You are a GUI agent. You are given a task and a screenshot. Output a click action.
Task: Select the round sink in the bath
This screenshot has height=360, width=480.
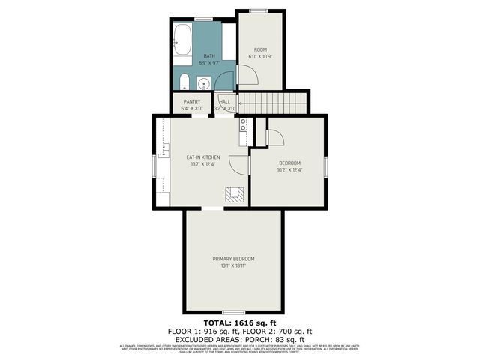(x=203, y=82)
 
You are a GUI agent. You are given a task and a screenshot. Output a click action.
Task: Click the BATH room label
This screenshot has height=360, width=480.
(x=209, y=56)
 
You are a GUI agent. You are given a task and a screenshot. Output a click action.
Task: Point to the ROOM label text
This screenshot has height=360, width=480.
(x=260, y=50)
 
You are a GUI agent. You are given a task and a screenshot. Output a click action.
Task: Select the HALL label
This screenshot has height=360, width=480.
(x=224, y=101)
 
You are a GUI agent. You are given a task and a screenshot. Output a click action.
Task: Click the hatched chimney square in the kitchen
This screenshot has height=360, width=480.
(x=233, y=195)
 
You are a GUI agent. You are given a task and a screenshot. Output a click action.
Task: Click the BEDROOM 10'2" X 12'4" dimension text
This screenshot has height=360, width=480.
(x=289, y=170)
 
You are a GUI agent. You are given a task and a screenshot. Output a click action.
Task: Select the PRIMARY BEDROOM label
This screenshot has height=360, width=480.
(x=233, y=259)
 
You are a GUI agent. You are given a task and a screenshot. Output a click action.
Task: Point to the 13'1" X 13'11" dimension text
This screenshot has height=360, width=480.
(x=233, y=265)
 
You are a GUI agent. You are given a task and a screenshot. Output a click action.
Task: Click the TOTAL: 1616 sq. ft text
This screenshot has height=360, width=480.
(x=239, y=322)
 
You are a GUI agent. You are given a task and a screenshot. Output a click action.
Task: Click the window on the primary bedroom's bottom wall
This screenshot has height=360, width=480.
(x=233, y=311)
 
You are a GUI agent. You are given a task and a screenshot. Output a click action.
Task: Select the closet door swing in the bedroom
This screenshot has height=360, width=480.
(x=274, y=137)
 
